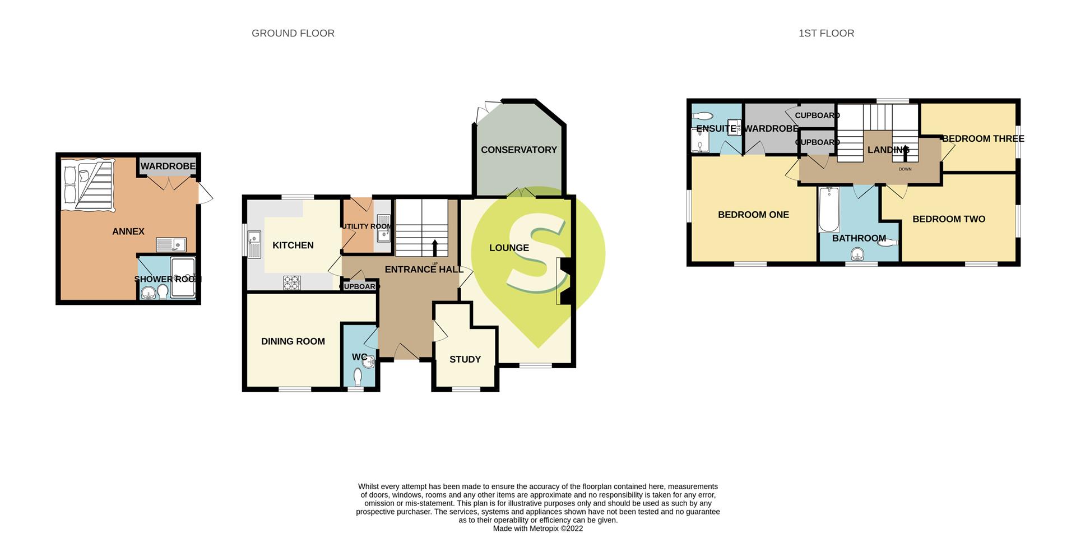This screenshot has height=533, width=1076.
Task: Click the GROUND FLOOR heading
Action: point(293,34)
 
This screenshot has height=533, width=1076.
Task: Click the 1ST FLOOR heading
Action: point(826,34)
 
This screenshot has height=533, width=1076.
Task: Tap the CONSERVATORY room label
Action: point(519,150)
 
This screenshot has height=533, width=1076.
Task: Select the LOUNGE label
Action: point(509,248)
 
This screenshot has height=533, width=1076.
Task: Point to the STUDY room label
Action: point(465,359)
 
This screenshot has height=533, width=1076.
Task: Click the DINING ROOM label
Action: point(293,341)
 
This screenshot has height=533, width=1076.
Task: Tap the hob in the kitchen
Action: point(291,282)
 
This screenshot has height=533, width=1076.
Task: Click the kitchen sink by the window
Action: point(254,244)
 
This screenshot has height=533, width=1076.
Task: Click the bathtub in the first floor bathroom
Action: point(828,210)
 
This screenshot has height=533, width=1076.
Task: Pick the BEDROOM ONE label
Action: point(753,215)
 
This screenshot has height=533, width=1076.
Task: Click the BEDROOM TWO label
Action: point(949,219)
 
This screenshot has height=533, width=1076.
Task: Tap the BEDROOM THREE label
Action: point(983,138)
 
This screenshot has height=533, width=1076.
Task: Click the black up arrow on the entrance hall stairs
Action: point(435,247)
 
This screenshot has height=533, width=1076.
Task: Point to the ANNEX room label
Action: point(128,231)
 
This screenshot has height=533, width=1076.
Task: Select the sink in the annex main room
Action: point(171,245)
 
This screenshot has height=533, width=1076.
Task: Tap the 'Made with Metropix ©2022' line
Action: point(538,528)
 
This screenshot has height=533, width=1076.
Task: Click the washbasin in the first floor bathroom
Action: point(857,255)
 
